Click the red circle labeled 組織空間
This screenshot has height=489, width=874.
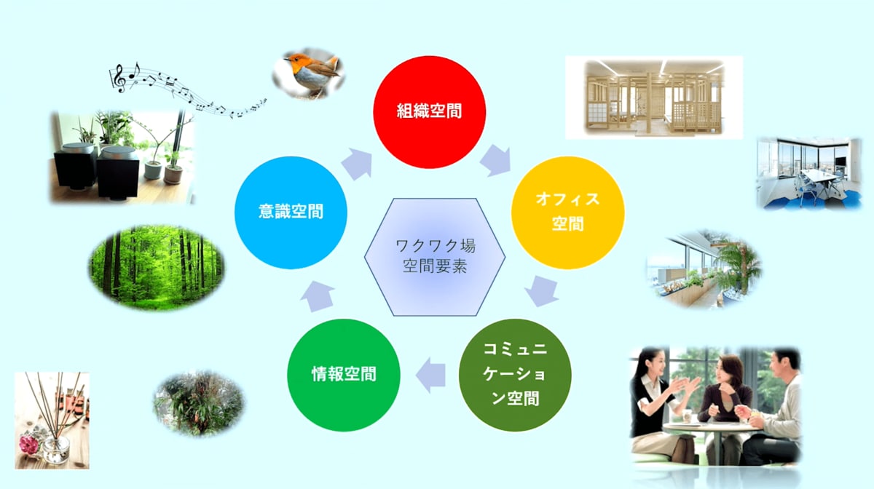429,112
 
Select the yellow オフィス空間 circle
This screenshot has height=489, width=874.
567,212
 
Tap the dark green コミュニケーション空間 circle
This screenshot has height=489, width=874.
515,375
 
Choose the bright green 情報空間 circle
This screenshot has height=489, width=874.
344,375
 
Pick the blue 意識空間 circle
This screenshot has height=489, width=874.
291,212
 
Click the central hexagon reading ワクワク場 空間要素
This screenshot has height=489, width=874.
435,257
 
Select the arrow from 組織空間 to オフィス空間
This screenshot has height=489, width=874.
496,161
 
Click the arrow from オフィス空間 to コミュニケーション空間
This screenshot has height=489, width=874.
542,291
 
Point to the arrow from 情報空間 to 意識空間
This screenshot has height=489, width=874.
318,297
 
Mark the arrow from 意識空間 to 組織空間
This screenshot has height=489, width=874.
357,164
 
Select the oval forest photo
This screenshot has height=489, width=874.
157,269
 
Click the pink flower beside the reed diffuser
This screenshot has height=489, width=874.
28,445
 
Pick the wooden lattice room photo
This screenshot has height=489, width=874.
654,98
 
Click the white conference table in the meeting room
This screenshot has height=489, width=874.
819,178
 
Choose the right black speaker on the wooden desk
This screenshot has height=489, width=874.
118,172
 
